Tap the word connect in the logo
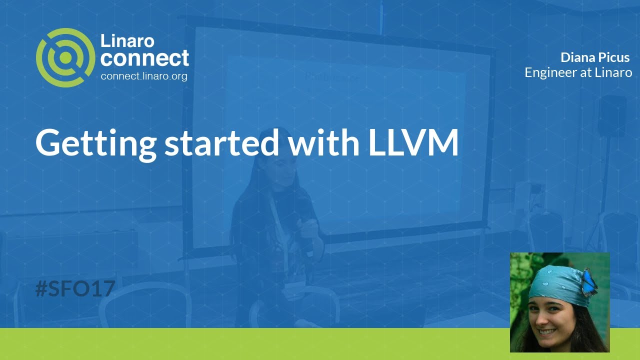144,58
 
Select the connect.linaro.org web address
144,76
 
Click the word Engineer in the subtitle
548,72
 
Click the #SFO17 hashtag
75,289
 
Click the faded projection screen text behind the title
332,78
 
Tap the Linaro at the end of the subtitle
613,72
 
